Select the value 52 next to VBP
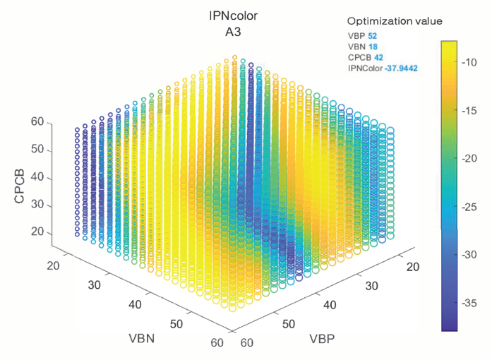point(373,35)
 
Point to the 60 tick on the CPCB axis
point(37,123)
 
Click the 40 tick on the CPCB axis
point(37,177)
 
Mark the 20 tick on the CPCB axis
point(37,232)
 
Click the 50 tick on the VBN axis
point(176,325)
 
